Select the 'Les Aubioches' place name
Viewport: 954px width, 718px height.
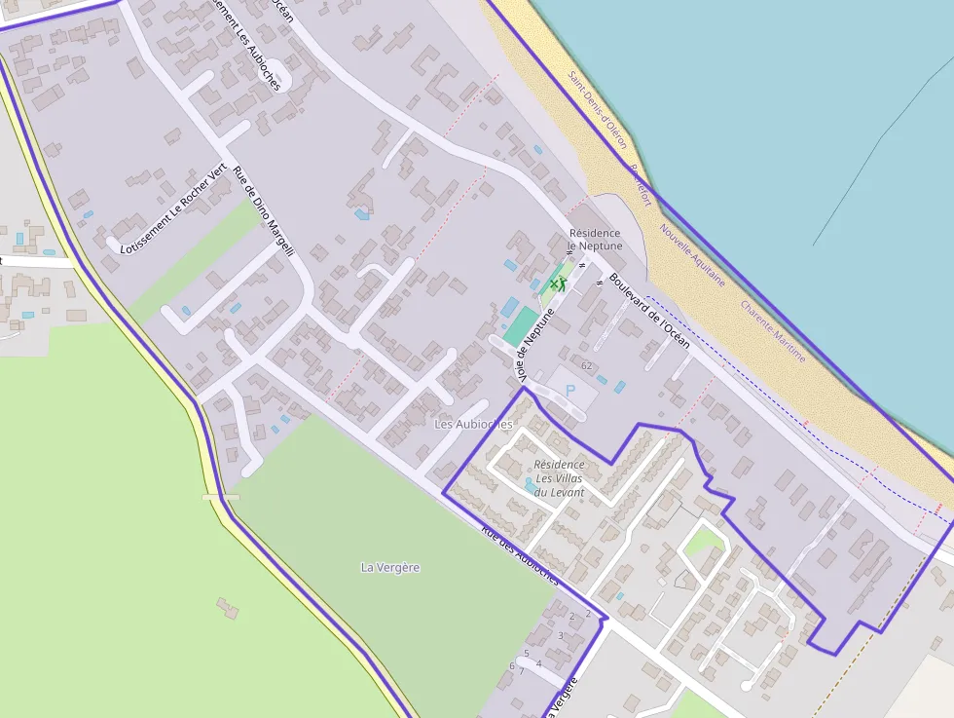pos(473,425)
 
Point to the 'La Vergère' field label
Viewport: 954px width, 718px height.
pos(390,567)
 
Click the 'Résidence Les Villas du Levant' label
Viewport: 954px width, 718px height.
pos(560,478)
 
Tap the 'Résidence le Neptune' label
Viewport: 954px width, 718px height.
pos(595,240)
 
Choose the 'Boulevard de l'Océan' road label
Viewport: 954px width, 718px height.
pos(649,311)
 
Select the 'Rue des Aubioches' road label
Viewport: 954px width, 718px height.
pos(520,556)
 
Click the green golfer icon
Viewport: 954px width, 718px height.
pos(558,283)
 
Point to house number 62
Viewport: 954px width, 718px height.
pos(586,366)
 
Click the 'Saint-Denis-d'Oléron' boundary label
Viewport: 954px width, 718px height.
pos(598,109)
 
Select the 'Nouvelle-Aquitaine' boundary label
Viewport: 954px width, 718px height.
pos(692,254)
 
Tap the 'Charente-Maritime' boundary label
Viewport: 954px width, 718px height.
pos(773,331)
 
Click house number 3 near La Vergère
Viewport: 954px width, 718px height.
pos(560,635)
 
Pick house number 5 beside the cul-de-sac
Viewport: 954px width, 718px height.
pos(527,654)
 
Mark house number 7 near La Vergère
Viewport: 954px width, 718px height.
pos(521,671)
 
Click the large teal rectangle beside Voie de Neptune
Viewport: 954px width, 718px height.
pos(521,326)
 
